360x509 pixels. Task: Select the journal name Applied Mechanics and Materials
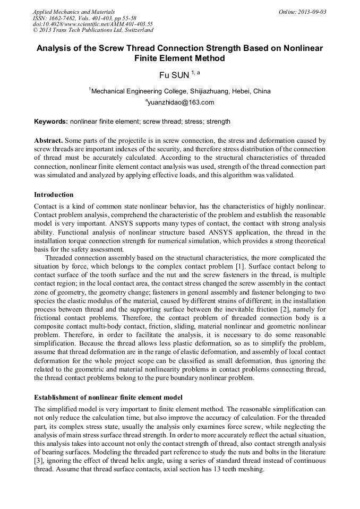[74, 12]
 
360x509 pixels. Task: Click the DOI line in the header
[93, 24]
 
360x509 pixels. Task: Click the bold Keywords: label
[51, 122]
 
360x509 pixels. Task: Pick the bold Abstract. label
[49, 141]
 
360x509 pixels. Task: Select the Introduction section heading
[54, 195]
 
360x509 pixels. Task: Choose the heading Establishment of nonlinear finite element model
[108, 397]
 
